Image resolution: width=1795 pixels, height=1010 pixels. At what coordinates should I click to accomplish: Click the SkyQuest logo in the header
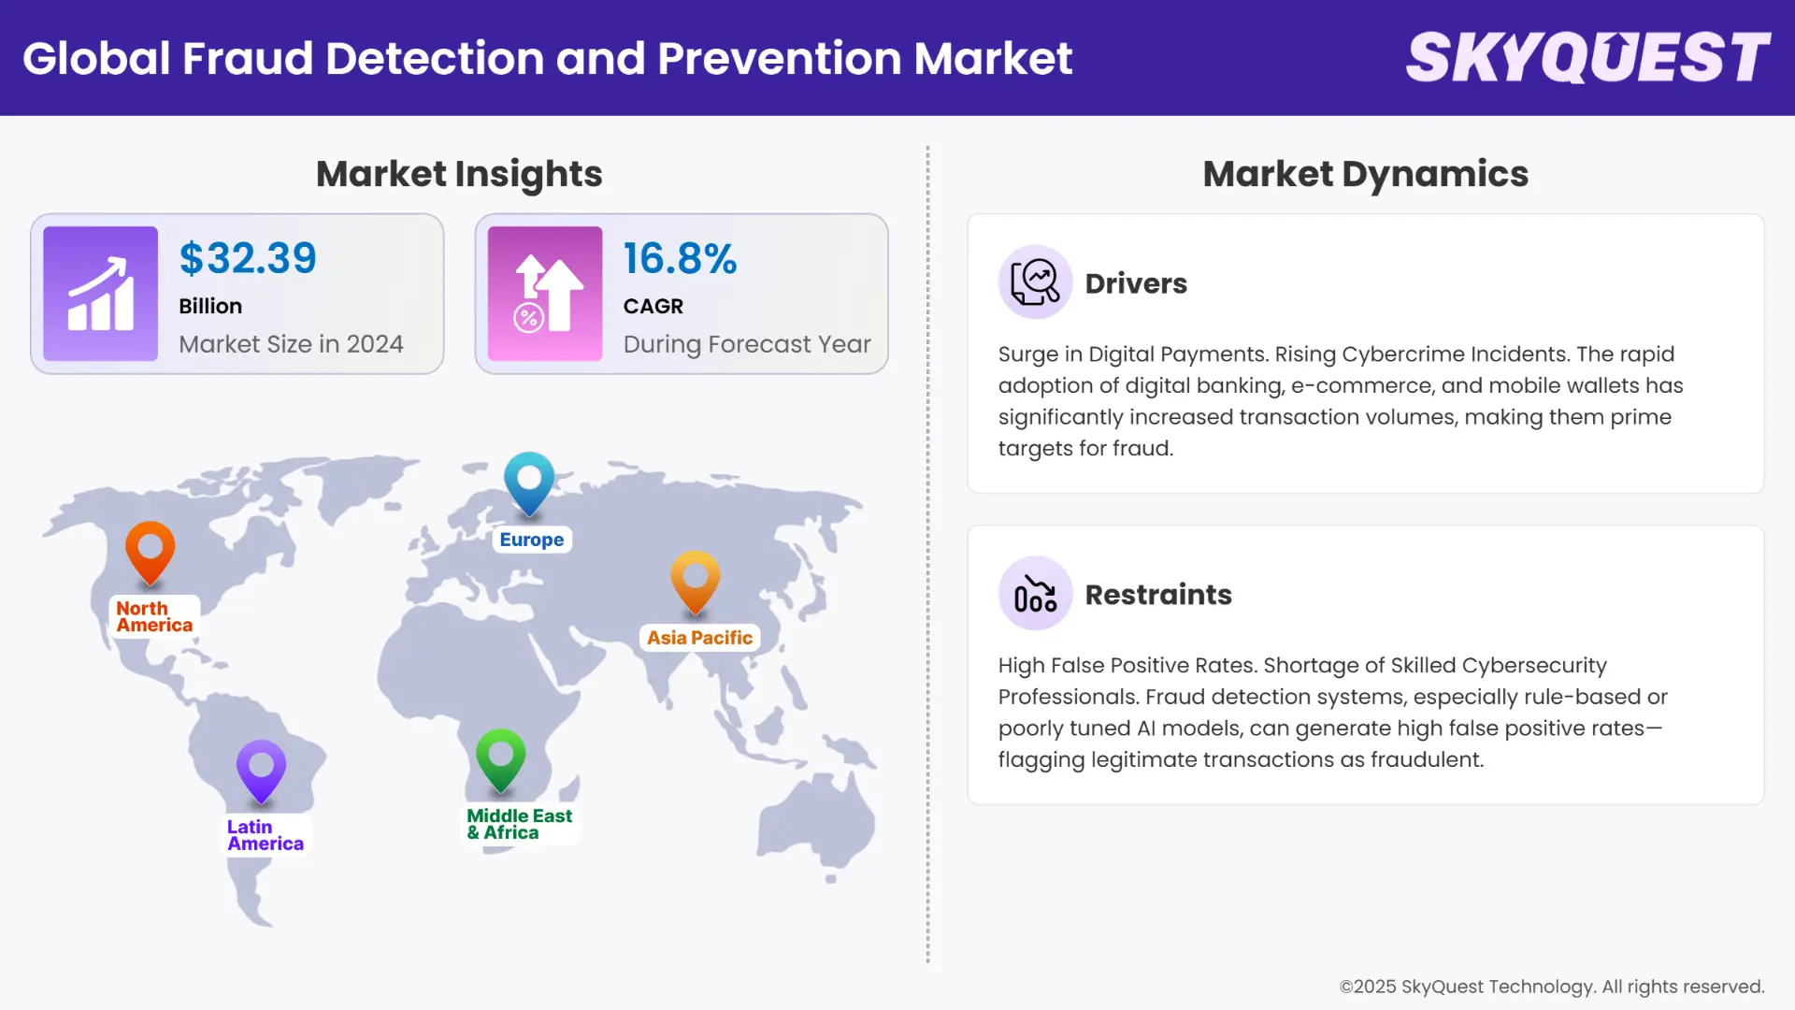click(1587, 58)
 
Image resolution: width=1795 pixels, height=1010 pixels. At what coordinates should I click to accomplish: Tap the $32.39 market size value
click(248, 258)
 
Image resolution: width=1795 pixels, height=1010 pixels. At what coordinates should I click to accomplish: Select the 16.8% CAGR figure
click(680, 258)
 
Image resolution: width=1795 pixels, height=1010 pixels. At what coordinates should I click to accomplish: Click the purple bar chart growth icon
click(101, 294)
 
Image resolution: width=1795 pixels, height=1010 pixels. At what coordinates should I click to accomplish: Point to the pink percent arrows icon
click(545, 294)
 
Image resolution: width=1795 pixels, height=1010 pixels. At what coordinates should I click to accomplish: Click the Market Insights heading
click(459, 174)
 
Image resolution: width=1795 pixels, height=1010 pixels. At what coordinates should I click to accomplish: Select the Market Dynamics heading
click(1365, 174)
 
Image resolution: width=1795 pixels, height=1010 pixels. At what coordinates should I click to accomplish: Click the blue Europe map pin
click(529, 481)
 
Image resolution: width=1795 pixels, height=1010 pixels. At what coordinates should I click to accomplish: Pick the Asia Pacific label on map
click(699, 638)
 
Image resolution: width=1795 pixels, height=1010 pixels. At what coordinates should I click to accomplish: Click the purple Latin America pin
click(261, 769)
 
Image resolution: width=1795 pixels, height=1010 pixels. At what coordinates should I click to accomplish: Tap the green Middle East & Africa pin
click(501, 757)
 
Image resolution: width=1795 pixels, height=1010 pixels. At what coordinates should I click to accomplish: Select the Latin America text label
click(265, 835)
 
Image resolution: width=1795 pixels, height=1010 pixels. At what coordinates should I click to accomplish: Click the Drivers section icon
click(1035, 282)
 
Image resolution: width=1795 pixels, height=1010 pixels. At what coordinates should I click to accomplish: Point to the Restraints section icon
click(1035, 594)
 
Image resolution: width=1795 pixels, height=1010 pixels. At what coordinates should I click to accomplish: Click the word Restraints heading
click(1157, 595)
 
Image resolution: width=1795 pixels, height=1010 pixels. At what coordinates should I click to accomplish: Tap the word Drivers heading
click(1136, 283)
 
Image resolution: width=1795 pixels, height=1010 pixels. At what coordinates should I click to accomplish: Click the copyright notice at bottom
click(1551, 987)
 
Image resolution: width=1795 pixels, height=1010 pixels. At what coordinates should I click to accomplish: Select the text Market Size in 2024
click(291, 344)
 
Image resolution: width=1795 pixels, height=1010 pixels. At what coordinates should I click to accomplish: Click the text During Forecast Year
click(747, 344)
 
